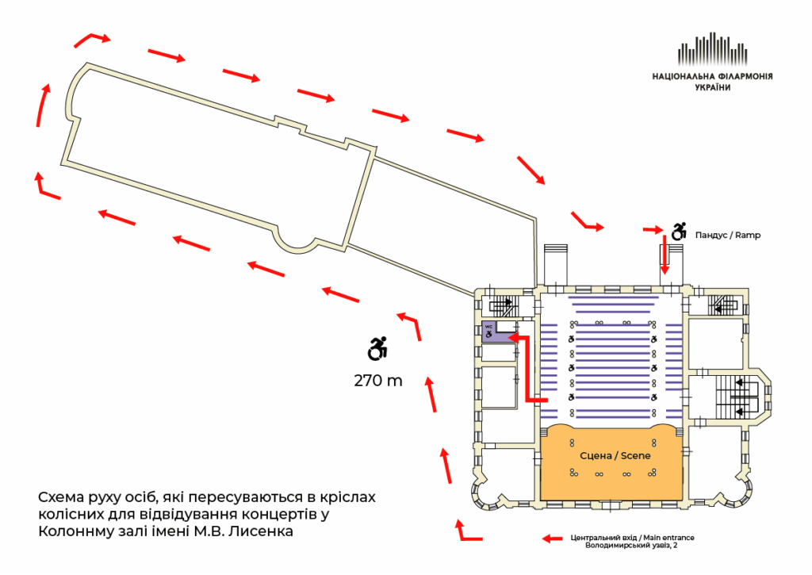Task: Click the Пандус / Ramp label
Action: coord(727,236)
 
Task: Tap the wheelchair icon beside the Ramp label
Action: coord(679,232)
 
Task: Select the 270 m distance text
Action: coord(378,381)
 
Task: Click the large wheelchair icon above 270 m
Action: coord(378,347)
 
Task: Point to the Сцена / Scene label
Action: coord(611,455)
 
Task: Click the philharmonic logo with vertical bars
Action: coord(712,52)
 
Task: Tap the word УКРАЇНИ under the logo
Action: coord(712,88)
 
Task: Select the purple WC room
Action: coord(493,332)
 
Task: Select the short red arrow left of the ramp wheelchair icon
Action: coord(654,230)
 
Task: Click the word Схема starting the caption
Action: coord(59,497)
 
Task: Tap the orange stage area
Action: coord(611,476)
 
